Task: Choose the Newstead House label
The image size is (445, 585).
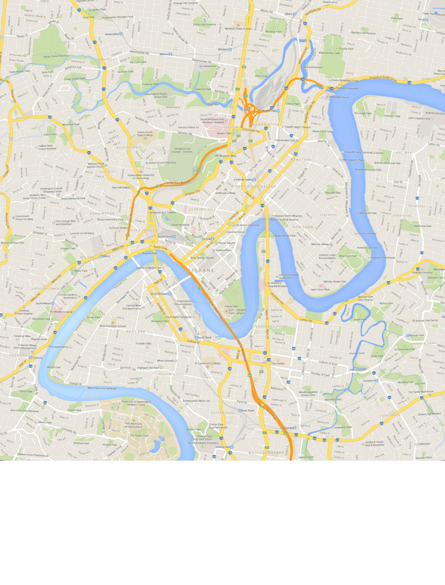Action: pos(339,97)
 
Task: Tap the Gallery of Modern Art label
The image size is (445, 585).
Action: pos(149,268)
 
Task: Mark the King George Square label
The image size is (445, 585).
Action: pos(202,258)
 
